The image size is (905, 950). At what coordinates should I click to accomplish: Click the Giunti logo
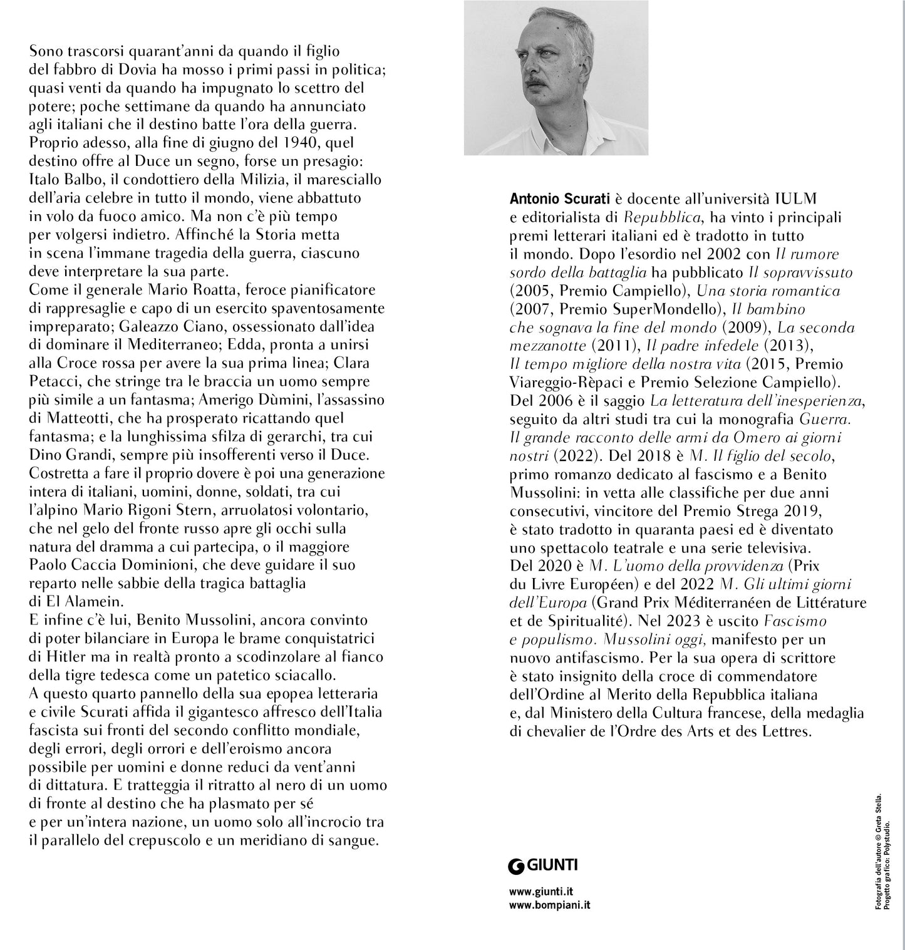pyautogui.click(x=542, y=866)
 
